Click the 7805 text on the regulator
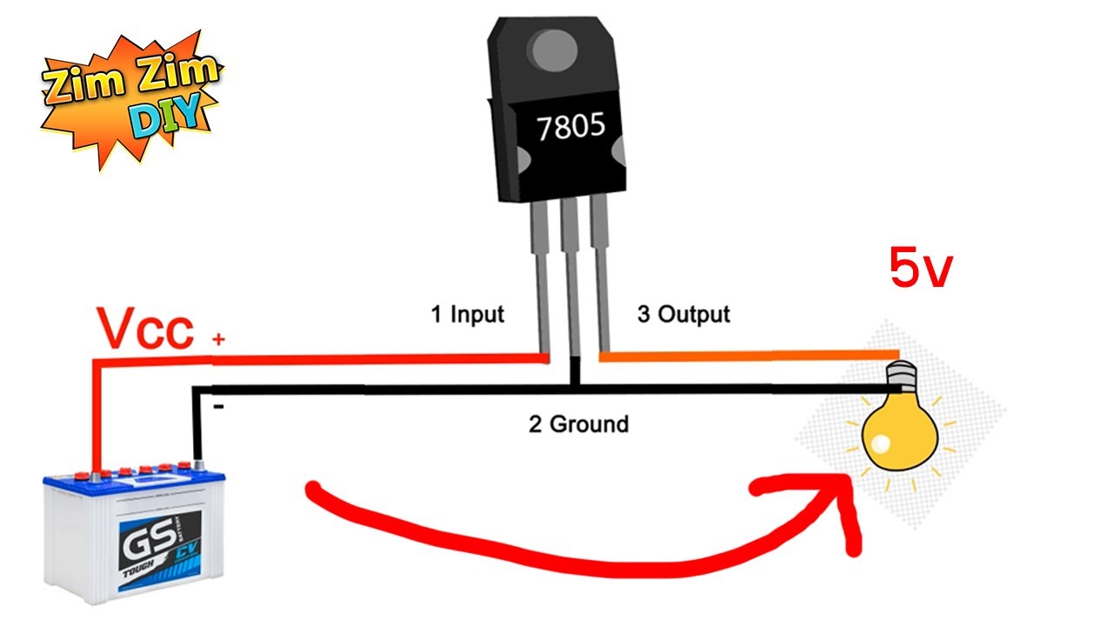[570, 128]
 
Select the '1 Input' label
[468, 315]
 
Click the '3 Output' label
[683, 315]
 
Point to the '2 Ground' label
[578, 424]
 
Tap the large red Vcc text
[144, 329]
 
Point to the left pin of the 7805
[539, 278]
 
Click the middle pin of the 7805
[570, 278]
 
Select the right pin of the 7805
[600, 278]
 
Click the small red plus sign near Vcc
[217, 342]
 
